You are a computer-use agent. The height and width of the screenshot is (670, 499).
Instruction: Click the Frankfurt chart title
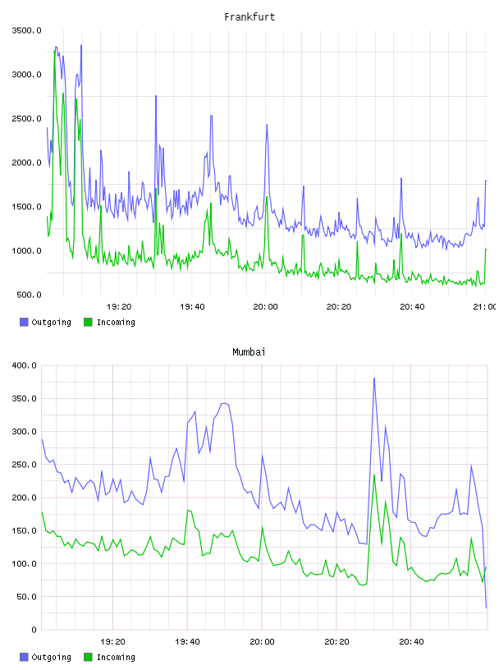click(249, 16)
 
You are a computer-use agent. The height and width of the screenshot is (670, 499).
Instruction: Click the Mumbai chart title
click(249, 351)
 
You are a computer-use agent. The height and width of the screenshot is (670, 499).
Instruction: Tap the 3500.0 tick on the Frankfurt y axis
click(26, 30)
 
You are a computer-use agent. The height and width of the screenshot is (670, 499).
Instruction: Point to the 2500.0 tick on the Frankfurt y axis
click(26, 118)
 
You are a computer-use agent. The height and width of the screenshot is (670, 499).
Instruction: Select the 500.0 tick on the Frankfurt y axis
click(29, 295)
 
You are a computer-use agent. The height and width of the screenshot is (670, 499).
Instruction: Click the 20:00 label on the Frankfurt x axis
click(265, 306)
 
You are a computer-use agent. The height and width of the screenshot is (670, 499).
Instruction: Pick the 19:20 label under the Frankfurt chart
click(119, 306)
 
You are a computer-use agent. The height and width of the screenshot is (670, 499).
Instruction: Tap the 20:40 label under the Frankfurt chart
click(412, 306)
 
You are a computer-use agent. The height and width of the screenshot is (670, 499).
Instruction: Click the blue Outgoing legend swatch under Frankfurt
click(24, 322)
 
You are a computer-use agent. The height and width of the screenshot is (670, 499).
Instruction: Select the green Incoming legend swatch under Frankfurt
click(88, 322)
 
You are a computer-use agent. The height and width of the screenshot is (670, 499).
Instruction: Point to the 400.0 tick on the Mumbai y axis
click(25, 365)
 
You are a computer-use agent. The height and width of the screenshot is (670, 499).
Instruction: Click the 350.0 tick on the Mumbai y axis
click(25, 398)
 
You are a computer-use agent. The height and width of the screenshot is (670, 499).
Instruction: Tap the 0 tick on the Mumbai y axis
click(34, 630)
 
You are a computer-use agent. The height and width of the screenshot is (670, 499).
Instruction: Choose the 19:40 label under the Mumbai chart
click(187, 641)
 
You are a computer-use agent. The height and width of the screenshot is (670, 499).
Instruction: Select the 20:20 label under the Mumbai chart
click(336, 641)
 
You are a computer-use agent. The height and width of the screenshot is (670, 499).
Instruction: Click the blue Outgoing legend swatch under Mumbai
click(24, 657)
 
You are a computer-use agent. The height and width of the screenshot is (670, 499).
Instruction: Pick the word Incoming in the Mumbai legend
click(116, 657)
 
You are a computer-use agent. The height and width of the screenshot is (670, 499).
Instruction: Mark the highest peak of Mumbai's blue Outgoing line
click(374, 379)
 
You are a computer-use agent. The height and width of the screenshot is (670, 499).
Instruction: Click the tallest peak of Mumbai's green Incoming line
click(374, 475)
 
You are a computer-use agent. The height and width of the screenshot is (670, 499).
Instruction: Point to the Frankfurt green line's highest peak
click(55, 50)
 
